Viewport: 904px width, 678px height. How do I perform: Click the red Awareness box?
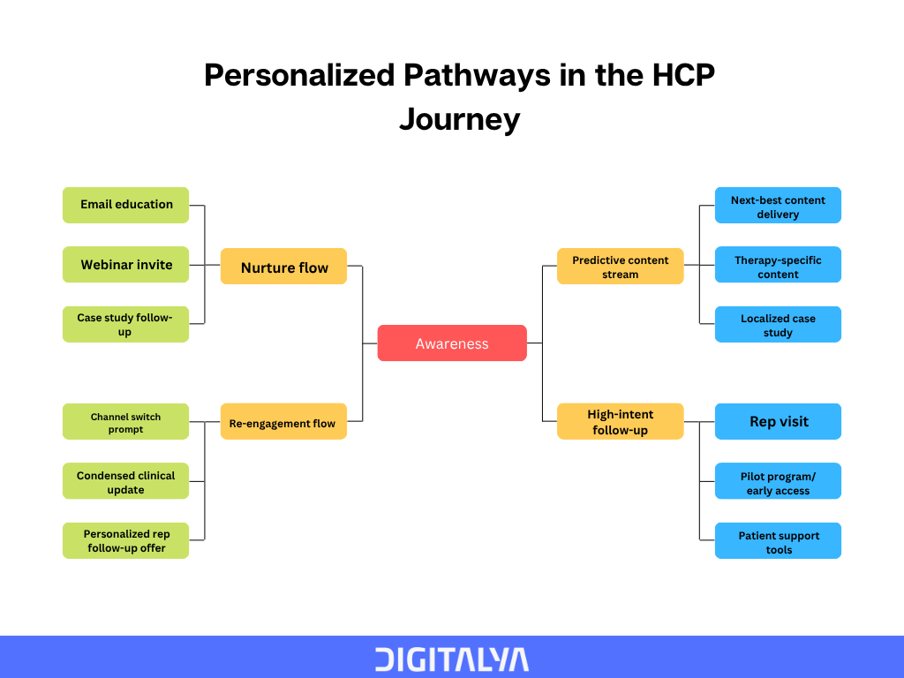[x=452, y=343]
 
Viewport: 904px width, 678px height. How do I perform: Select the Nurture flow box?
[x=283, y=267]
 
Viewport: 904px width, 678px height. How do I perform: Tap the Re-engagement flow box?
[x=283, y=421]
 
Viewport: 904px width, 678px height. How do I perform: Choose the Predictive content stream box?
[x=621, y=267]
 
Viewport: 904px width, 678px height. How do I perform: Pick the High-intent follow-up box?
[x=621, y=421]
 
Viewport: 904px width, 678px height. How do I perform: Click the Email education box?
[x=125, y=205]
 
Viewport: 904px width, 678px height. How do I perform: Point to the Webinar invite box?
[x=125, y=265]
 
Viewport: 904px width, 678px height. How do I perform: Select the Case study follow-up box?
[x=125, y=325]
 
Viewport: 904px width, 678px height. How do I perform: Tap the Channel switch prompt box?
[x=125, y=421]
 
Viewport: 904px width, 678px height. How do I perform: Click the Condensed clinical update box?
[x=125, y=481]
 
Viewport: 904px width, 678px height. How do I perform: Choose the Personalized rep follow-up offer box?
[x=125, y=541]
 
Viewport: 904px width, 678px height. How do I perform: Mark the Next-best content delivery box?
[x=779, y=205]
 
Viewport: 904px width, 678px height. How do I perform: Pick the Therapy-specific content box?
[x=779, y=265]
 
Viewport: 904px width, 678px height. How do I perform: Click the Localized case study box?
[x=779, y=325]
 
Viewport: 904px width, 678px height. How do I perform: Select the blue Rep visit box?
[x=779, y=421]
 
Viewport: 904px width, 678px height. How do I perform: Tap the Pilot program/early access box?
[x=779, y=481]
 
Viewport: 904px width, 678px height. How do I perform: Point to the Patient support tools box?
[x=779, y=541]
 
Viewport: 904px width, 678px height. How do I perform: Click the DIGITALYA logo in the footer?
[x=452, y=659]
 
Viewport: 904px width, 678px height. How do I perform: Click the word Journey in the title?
[x=459, y=120]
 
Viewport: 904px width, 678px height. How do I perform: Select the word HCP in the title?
[x=683, y=76]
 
